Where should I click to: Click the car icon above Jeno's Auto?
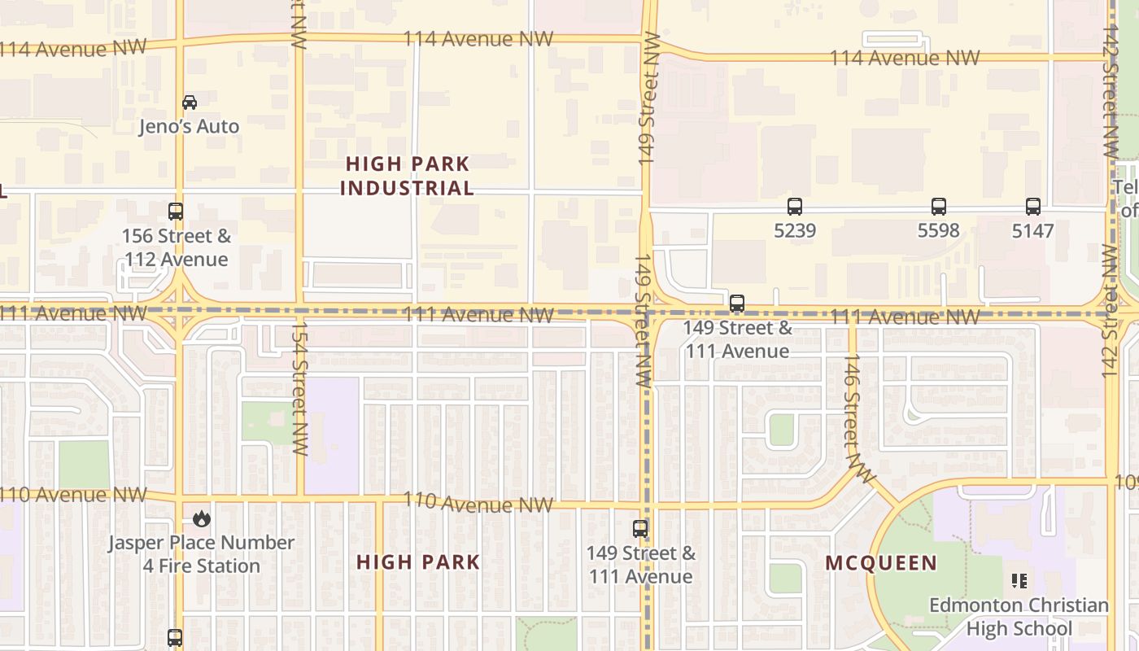[x=190, y=103]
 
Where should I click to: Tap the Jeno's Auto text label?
[x=189, y=126]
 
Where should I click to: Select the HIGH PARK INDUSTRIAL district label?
[x=407, y=176]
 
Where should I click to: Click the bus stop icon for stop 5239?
[x=795, y=207]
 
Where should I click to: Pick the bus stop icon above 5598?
[x=939, y=207]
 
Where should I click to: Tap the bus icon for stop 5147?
[x=1033, y=207]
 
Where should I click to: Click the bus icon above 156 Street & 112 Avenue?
[x=176, y=212]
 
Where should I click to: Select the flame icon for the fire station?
[x=201, y=518]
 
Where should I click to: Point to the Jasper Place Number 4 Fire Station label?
[x=202, y=554]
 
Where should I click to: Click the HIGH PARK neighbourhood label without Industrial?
[x=418, y=562]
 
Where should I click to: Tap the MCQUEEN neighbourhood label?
[x=881, y=563]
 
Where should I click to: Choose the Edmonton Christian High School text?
[x=1019, y=617]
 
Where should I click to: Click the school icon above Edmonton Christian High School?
[x=1019, y=581]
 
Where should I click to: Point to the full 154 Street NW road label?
[x=299, y=391]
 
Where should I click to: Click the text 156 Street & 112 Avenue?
[x=177, y=248]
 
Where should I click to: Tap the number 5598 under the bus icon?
[x=939, y=231]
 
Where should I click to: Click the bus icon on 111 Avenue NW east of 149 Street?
[x=737, y=304]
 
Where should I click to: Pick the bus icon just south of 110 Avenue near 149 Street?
[x=641, y=529]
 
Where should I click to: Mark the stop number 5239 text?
[x=795, y=231]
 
